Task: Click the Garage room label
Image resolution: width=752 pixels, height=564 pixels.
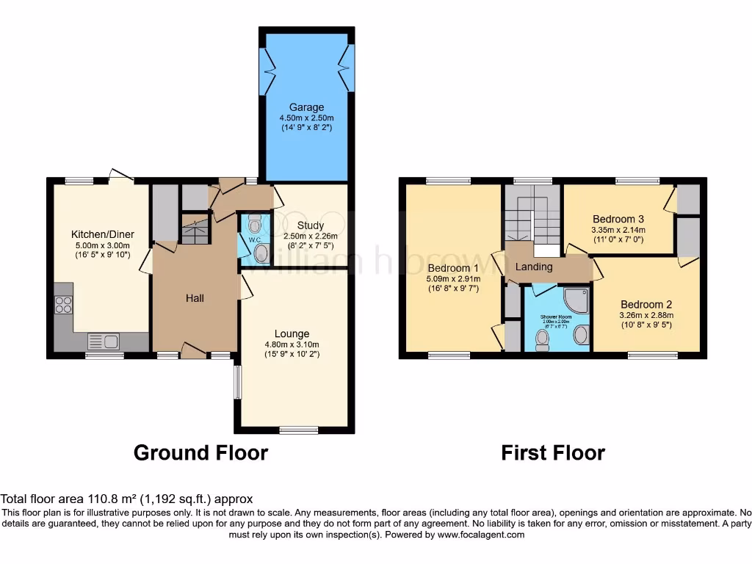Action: [x=306, y=107]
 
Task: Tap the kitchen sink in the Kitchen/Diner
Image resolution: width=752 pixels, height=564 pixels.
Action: [x=104, y=341]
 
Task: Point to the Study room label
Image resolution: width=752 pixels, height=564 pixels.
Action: [x=311, y=225]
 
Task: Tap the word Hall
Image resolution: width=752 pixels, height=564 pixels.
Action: [x=195, y=297]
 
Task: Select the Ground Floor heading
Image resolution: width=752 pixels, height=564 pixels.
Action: [x=200, y=452]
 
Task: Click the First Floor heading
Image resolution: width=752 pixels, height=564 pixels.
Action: [x=553, y=452]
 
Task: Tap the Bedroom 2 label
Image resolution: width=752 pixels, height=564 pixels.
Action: [x=646, y=304]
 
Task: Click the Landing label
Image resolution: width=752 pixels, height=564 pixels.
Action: [x=534, y=267]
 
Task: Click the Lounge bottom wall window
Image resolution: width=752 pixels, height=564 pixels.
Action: [x=298, y=430]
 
